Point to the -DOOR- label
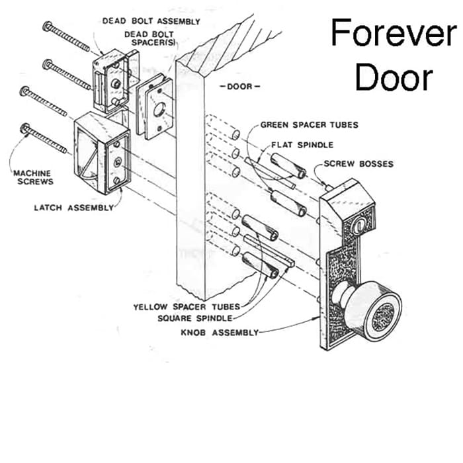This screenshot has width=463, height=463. tap(240, 87)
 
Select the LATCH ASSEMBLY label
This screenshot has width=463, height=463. tap(73, 208)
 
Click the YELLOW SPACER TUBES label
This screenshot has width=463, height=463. tap(187, 307)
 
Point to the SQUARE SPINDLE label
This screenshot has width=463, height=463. tap(198, 319)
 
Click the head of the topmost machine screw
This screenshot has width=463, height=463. tap(48, 26)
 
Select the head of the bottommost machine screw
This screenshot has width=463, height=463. tap(26, 127)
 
